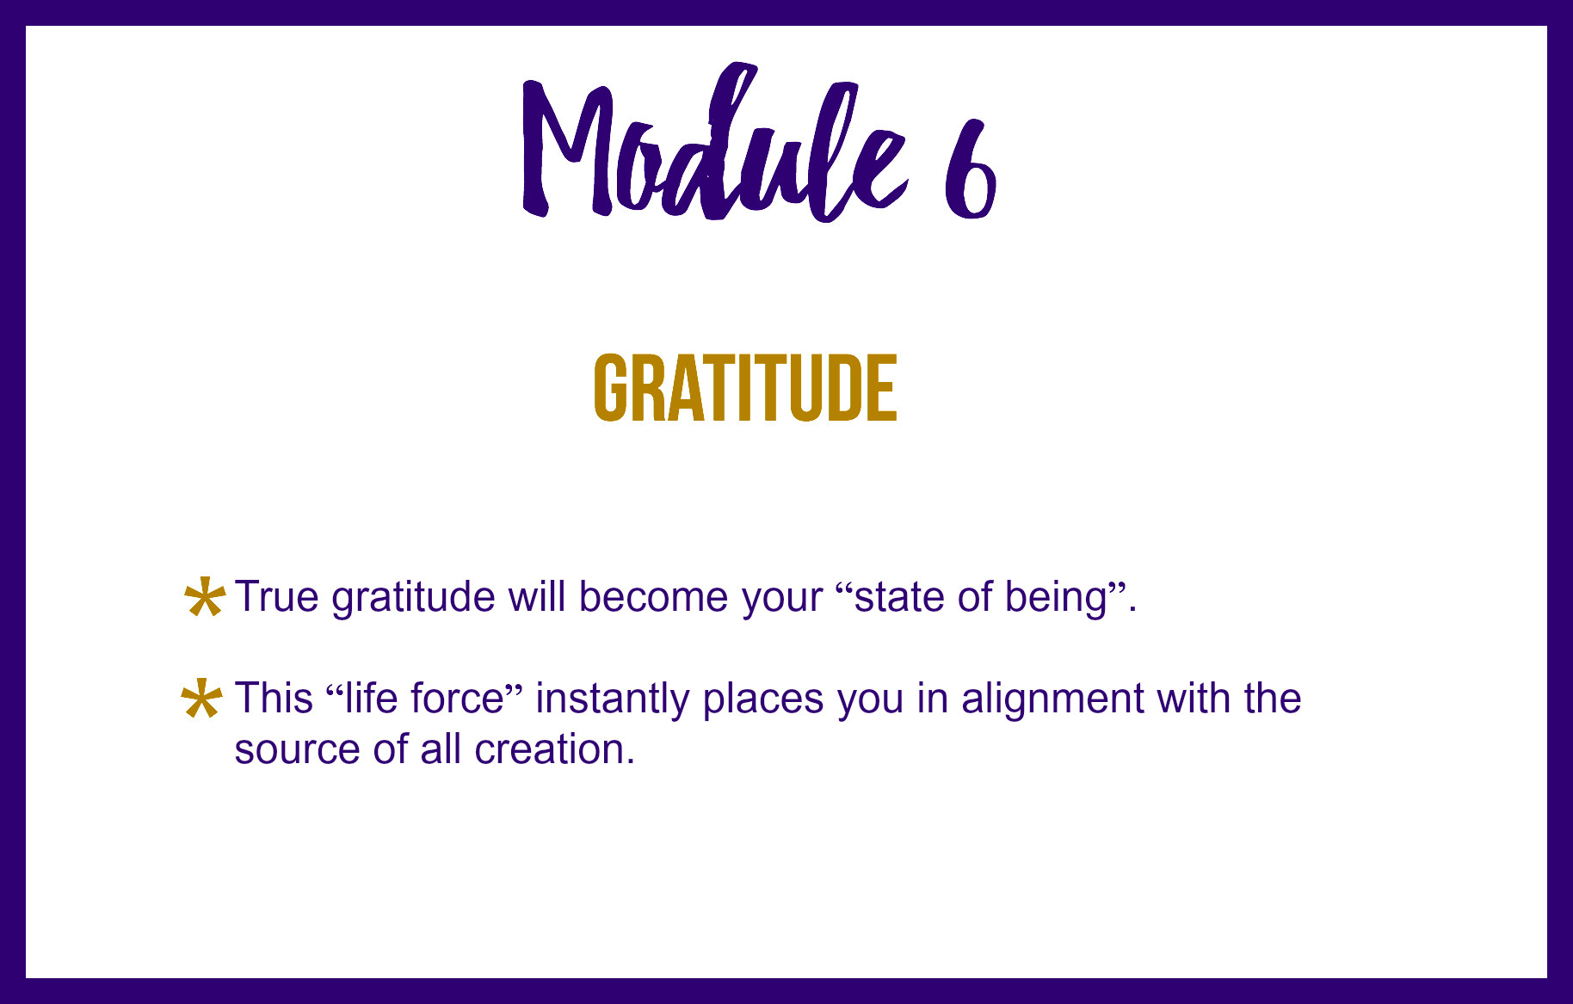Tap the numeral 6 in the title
tap(971, 169)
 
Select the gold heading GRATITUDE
tap(745, 388)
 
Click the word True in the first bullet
tap(277, 596)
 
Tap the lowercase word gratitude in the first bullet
tap(413, 598)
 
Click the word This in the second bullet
tap(274, 698)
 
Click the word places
tap(763, 699)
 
